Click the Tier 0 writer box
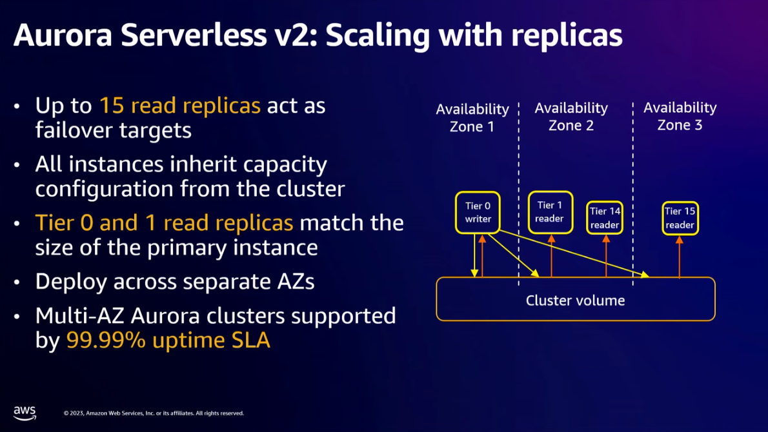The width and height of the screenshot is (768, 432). click(x=478, y=213)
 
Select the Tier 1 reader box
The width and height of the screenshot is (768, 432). click(x=550, y=212)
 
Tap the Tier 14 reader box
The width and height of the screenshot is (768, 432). click(x=605, y=218)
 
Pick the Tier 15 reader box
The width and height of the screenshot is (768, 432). click(x=680, y=218)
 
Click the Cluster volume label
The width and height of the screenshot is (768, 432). click(x=575, y=300)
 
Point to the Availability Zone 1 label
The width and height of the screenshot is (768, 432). click(x=472, y=117)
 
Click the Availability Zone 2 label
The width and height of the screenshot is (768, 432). click(x=571, y=116)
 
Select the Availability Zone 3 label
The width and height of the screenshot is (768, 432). click(x=680, y=116)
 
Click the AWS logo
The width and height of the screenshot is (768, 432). click(x=25, y=413)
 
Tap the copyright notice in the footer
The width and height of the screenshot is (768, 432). click(x=154, y=413)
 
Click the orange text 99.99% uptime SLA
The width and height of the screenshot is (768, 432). click(x=168, y=340)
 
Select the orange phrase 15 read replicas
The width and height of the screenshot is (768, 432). click(x=179, y=105)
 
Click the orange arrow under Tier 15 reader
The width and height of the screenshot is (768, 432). click(x=680, y=257)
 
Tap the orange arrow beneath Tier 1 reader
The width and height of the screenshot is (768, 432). click(x=551, y=256)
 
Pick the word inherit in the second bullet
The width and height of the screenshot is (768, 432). click(x=207, y=164)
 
